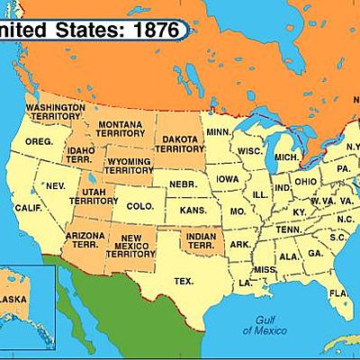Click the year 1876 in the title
(157, 29)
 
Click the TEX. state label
(184, 281)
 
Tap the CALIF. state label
(29, 208)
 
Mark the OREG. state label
(39, 142)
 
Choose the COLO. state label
(139, 206)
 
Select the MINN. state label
(218, 132)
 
